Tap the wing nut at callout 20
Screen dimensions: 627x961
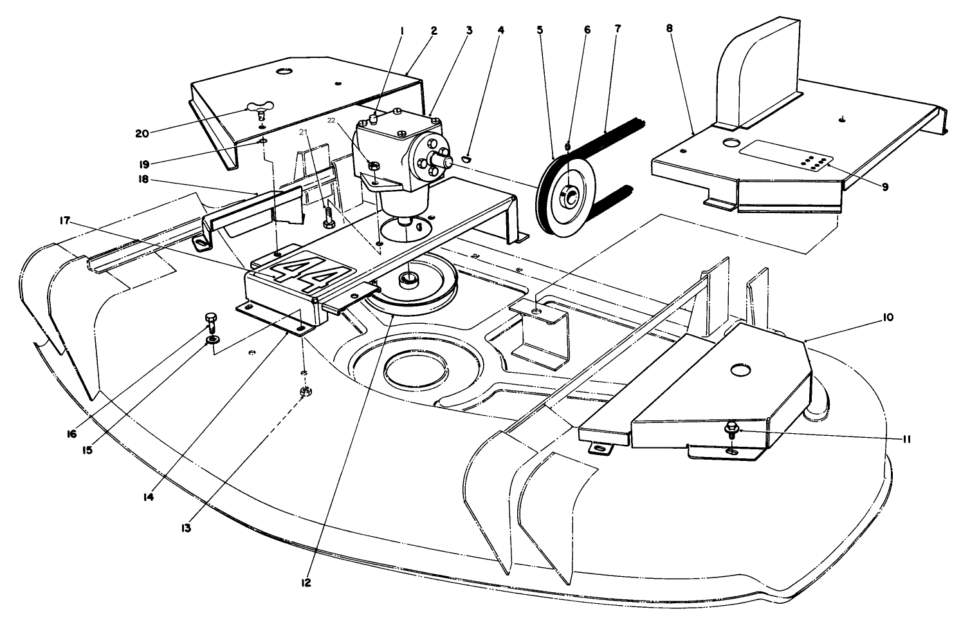tap(259, 109)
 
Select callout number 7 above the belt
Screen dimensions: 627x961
tap(618, 29)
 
